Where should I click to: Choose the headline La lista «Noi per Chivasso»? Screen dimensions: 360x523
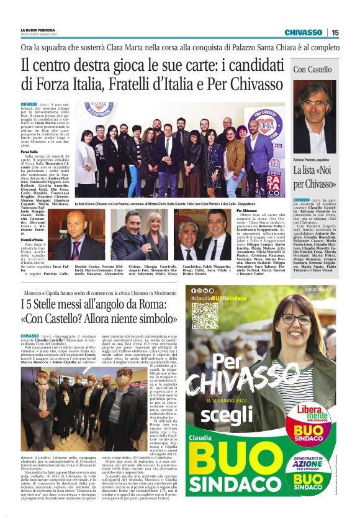click(314, 178)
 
